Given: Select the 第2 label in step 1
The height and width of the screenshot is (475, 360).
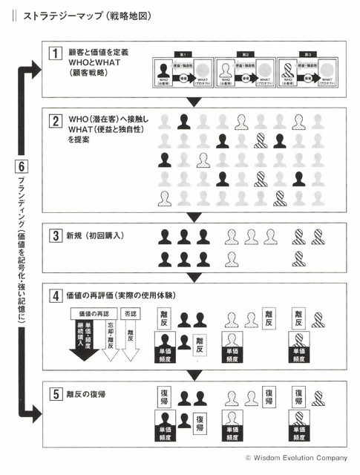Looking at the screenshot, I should [x=247, y=54].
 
